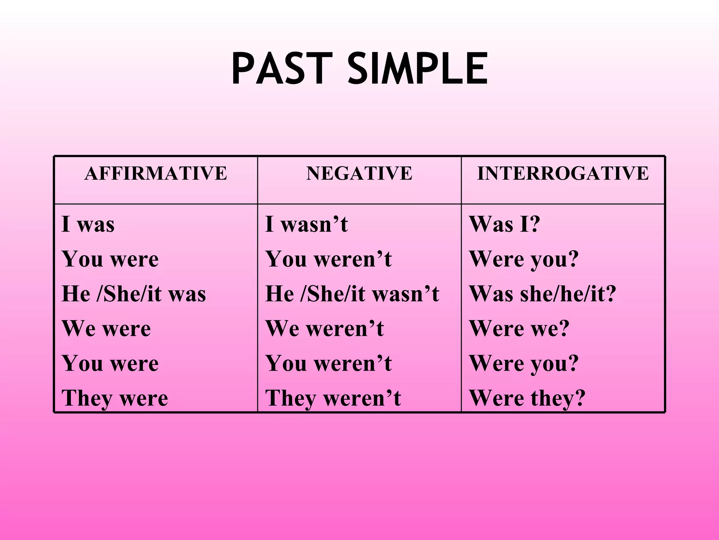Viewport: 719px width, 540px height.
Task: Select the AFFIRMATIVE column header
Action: [x=156, y=173]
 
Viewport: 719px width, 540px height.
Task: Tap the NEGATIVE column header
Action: [x=359, y=173]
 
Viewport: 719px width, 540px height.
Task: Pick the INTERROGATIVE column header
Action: [x=563, y=173]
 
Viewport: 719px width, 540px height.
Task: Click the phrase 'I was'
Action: [x=88, y=224]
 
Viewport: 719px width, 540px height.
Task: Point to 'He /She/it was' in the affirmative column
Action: [x=134, y=294]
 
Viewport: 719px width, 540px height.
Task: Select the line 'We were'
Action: [x=106, y=329]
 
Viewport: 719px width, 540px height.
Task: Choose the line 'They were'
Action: [x=115, y=398]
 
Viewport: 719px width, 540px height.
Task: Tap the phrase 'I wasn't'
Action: [x=306, y=224]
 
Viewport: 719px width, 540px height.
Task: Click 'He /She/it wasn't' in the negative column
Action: [x=352, y=294]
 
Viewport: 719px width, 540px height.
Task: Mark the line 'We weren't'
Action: [x=325, y=329]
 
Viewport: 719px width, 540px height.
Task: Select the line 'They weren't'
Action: [x=333, y=398]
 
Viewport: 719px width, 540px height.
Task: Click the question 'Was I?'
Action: [x=504, y=224]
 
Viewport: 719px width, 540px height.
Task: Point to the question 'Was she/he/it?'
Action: [x=542, y=294]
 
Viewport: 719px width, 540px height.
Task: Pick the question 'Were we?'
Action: [x=519, y=329]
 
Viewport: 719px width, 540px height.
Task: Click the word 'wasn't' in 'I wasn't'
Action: [x=315, y=224]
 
